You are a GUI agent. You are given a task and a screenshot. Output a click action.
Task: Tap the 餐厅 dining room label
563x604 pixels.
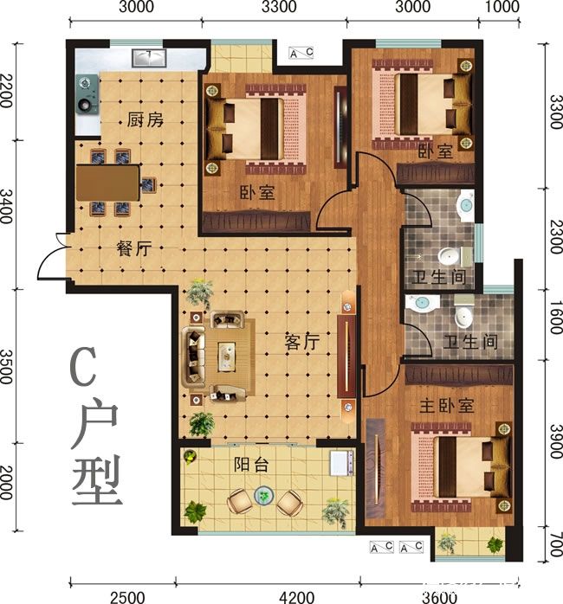(134, 247)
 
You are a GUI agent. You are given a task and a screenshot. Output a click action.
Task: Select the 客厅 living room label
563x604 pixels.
(302, 342)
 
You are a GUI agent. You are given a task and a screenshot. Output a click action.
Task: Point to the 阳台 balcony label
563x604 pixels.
(251, 464)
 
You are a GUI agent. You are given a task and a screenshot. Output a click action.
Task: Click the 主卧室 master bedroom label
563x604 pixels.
(447, 405)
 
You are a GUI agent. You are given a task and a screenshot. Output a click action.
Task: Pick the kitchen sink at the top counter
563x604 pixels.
(149, 59)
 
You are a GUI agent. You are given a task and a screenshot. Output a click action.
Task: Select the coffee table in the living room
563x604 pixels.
(227, 353)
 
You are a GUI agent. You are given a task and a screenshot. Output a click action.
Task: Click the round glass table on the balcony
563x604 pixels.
(263, 497)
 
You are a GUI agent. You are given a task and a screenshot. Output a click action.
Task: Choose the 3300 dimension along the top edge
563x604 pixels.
(278, 10)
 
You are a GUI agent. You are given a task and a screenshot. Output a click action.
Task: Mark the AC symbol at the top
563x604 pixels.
(301, 55)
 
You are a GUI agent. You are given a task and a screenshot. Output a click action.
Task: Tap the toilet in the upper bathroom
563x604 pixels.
(448, 256)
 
